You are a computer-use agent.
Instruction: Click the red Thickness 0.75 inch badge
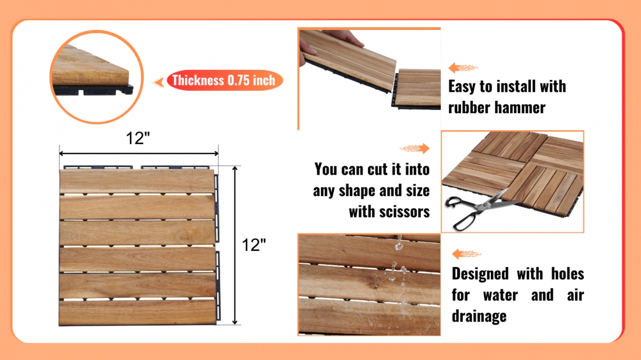click(x=225, y=80)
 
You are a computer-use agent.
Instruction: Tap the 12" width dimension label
click(x=138, y=138)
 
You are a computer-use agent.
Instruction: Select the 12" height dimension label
click(x=254, y=245)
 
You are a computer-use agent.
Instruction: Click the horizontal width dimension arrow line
click(x=139, y=154)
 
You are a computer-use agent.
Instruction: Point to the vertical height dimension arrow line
click(x=235, y=245)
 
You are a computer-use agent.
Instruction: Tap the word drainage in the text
click(x=479, y=316)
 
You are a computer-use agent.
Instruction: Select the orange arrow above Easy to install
click(x=463, y=68)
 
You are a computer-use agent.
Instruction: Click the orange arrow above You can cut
click(x=415, y=148)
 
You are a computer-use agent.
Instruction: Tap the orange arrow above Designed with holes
click(x=467, y=254)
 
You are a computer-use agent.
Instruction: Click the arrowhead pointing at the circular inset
click(x=158, y=82)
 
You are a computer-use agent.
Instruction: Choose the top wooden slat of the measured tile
click(x=137, y=182)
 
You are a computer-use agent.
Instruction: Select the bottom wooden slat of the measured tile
click(x=137, y=312)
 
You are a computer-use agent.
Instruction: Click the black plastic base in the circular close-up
click(x=93, y=90)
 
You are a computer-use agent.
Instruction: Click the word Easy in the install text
click(x=462, y=87)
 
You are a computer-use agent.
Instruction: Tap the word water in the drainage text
click(x=501, y=295)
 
